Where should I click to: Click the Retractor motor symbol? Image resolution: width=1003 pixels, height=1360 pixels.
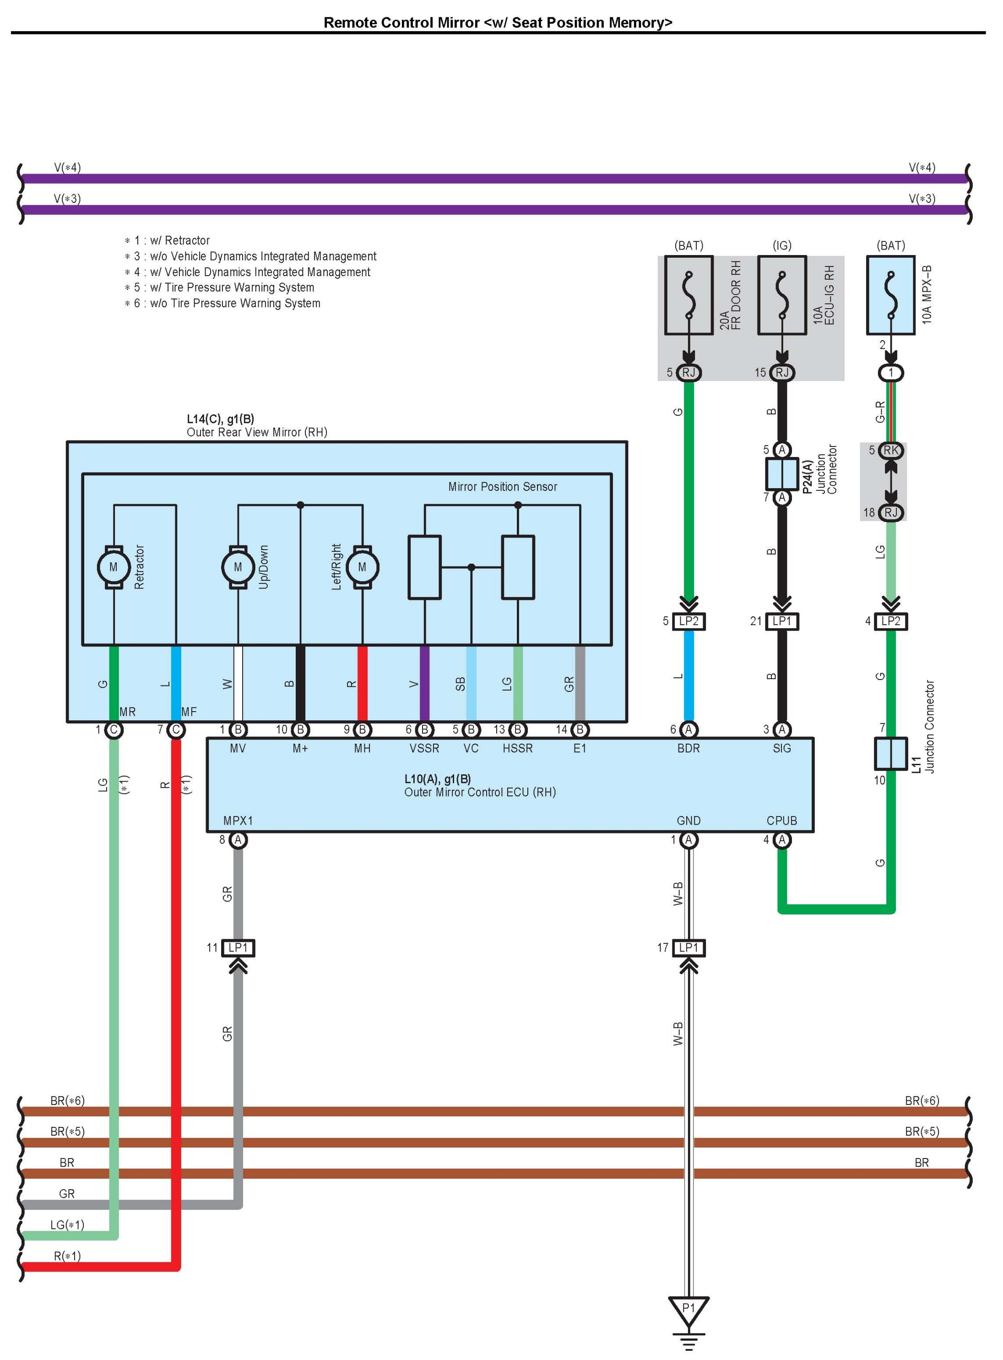[114, 567]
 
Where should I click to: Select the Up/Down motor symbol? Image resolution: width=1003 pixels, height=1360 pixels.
[238, 567]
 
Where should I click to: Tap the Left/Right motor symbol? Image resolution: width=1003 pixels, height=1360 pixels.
[363, 567]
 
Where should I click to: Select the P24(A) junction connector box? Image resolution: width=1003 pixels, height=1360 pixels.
[782, 473]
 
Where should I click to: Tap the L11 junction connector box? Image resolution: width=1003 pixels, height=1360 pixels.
[891, 753]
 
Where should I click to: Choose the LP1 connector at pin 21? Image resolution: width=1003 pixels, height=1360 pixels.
[782, 621]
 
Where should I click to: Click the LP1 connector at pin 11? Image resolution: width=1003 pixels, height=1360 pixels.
[238, 948]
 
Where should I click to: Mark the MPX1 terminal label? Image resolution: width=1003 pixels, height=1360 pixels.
[238, 821]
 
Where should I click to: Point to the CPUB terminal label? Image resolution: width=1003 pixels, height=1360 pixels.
[782, 821]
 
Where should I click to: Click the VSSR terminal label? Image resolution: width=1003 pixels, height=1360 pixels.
[424, 749]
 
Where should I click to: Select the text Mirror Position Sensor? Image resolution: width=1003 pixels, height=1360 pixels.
[503, 486]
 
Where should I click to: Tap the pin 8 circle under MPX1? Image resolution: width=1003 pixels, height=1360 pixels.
[238, 840]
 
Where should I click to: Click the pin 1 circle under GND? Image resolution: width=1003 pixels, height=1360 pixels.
[689, 840]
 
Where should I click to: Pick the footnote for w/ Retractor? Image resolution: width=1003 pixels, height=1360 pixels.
[167, 240]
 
